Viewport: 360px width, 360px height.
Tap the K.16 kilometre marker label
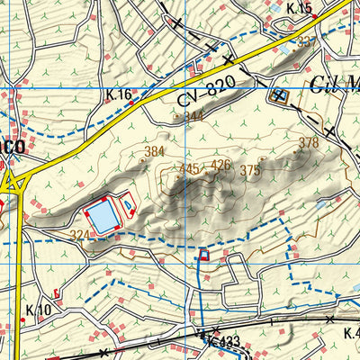pos(118,94)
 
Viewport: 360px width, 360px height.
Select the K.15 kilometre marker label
pos(299,9)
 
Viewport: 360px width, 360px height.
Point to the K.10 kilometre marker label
pos(38,310)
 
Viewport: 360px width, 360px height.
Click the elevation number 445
pos(190,168)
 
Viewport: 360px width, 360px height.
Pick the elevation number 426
pos(220,165)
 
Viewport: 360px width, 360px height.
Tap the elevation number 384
pos(155,151)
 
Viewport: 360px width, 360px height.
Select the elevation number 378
pos(309,143)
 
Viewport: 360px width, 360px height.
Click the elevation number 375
pos(250,170)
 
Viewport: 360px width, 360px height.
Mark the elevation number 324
pos(78,236)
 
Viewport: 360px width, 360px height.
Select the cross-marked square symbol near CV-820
pos(278,94)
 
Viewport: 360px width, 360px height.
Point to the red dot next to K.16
pos(133,103)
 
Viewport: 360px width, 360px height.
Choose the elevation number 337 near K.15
pos(307,41)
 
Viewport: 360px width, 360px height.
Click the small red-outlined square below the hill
pos(204,256)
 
